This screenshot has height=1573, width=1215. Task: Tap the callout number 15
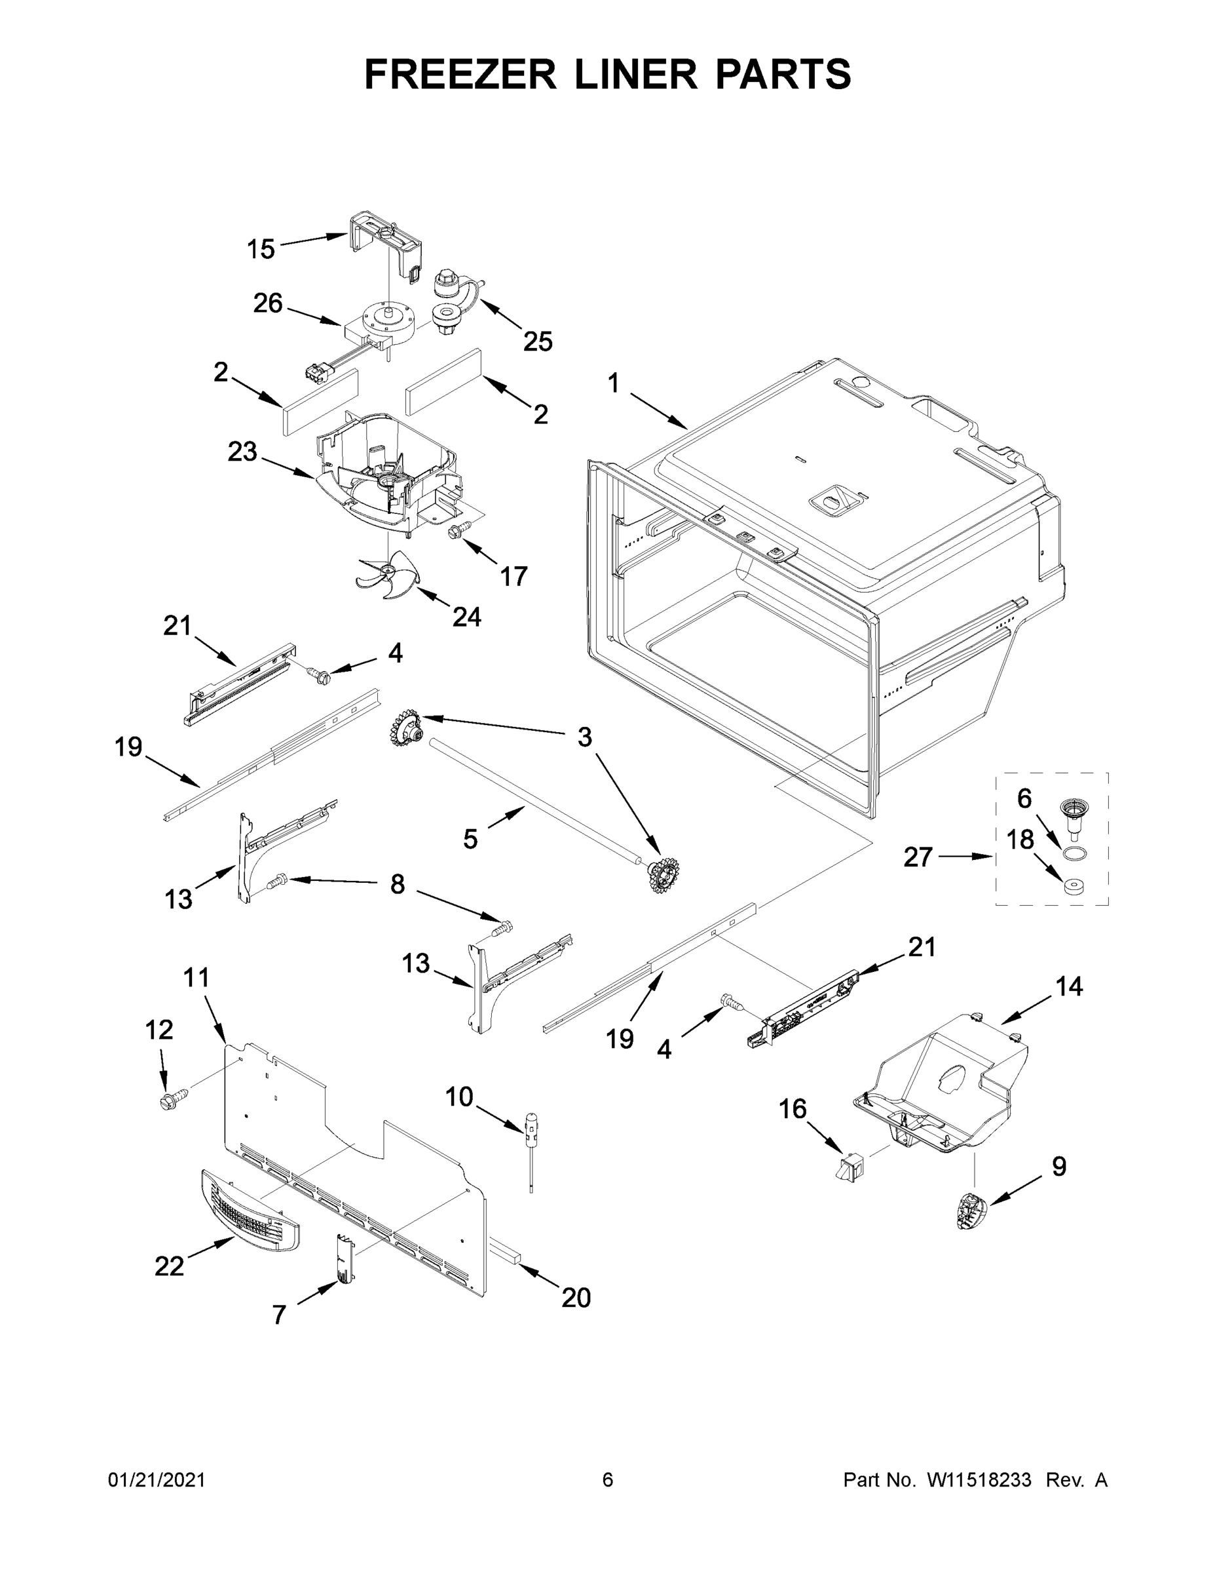coord(261,249)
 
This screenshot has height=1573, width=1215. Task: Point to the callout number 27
coord(918,857)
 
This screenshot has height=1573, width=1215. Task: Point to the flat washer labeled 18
coord(1075,885)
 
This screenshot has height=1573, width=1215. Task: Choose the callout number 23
coord(242,452)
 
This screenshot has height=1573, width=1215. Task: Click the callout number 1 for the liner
coord(613,383)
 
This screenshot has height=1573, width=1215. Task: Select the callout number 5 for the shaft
coord(470,838)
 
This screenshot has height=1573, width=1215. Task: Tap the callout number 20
coord(576,1297)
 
